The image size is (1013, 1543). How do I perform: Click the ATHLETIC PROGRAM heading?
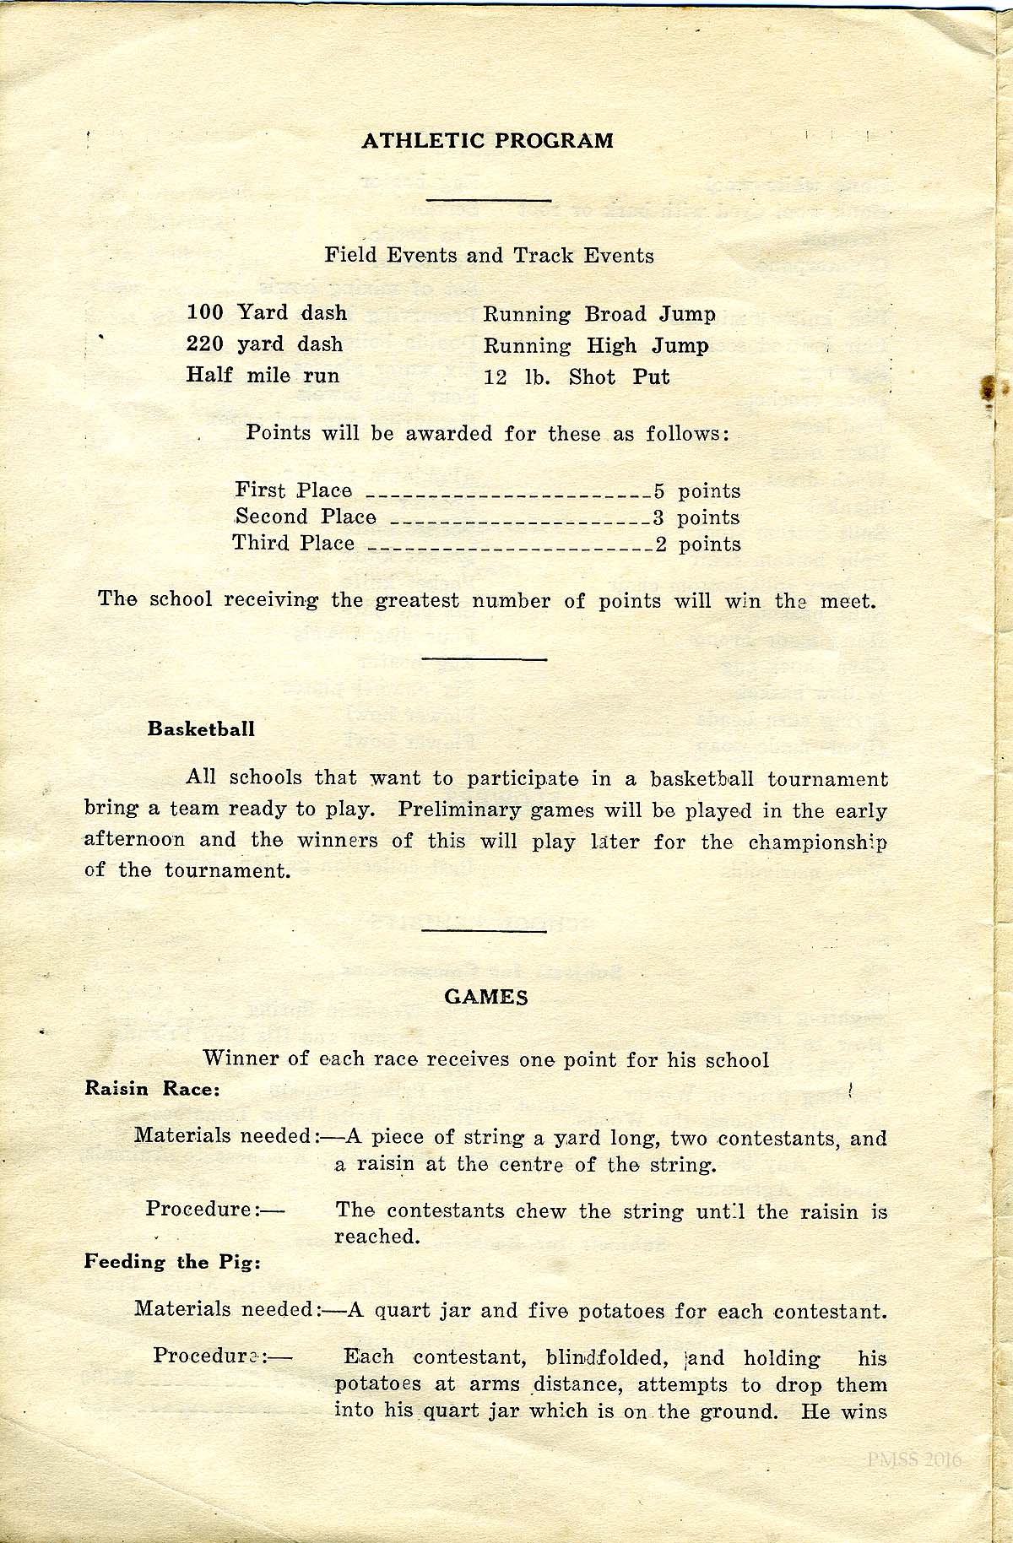point(487,141)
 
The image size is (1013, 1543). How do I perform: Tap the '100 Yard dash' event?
point(266,313)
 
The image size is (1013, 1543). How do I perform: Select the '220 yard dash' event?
point(264,344)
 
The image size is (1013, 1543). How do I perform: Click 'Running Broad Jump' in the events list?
point(599,315)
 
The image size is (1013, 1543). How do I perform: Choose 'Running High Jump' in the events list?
point(595,346)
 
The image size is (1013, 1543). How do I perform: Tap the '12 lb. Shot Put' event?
point(576,377)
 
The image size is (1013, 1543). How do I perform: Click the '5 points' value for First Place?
point(697,491)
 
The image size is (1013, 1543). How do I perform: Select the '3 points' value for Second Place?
point(697,517)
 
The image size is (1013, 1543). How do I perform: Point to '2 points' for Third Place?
point(699,544)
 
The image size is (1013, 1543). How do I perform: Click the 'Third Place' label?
point(293,544)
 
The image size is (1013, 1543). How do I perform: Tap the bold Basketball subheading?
point(201,728)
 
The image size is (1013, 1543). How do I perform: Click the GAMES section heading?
point(486,998)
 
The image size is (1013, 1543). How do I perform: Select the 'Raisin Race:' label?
point(152,1089)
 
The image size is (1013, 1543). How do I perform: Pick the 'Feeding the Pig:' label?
point(172,1262)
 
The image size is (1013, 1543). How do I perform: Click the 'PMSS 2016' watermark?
point(913,1460)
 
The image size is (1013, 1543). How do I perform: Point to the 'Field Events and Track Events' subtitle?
point(489,255)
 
